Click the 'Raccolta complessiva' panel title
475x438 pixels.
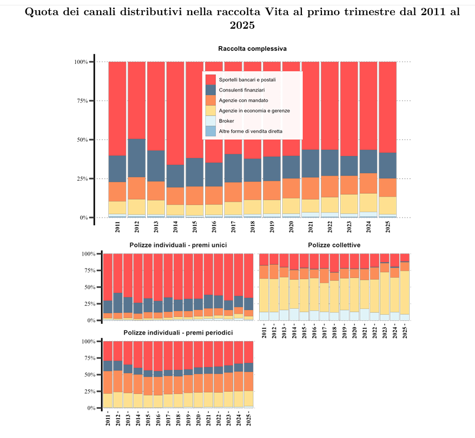[252, 49]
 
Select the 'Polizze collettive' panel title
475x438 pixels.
[334, 245]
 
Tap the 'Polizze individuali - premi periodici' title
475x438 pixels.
[178, 332]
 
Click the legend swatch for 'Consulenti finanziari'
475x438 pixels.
[211, 90]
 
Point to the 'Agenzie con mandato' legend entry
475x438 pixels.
[243, 100]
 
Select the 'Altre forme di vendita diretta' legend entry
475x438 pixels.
[250, 131]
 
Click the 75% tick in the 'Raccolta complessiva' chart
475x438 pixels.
[80, 101]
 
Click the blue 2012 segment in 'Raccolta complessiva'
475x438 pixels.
[136, 158]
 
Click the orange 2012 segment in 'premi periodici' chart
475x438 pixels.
[117, 381]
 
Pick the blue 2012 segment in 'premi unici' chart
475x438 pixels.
[117, 303]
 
